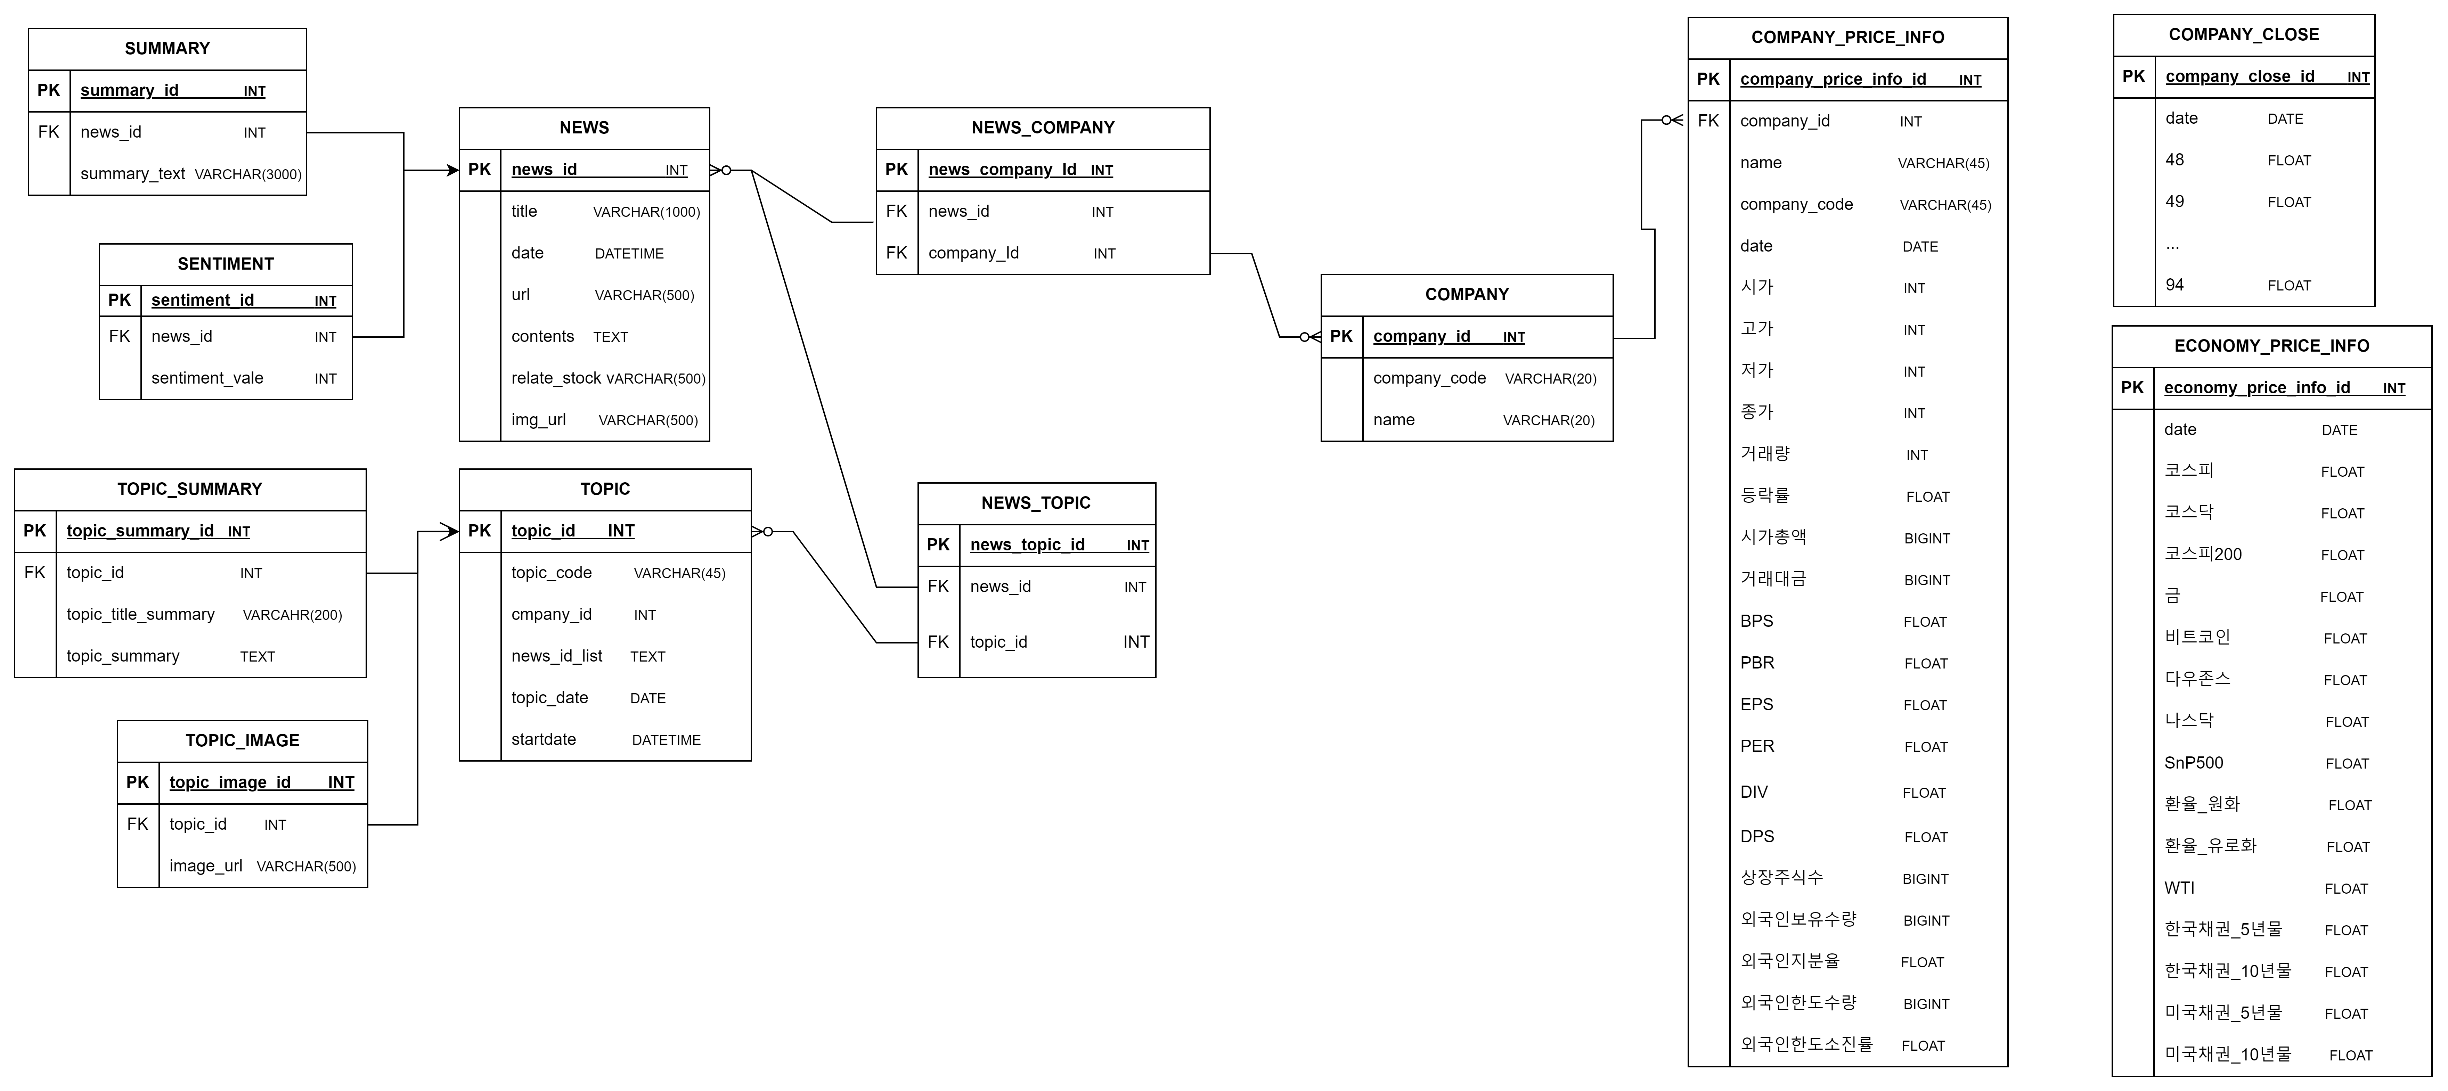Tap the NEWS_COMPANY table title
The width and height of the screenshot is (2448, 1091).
point(1043,128)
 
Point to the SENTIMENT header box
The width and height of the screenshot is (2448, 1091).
point(225,264)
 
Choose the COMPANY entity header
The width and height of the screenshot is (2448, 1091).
point(1466,295)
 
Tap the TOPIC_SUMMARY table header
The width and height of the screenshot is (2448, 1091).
point(190,490)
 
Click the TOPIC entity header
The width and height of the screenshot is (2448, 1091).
point(604,490)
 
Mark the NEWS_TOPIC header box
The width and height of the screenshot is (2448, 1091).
point(1036,503)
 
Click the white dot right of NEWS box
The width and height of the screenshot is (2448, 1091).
point(726,170)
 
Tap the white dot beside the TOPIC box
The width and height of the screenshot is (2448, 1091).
point(768,531)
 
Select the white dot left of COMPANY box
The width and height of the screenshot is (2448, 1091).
point(1304,336)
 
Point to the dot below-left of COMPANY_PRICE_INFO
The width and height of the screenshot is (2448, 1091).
point(1666,120)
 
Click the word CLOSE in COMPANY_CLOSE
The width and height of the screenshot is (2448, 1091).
point(2290,35)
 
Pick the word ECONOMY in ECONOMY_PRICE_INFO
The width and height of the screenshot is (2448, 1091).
point(2211,346)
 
